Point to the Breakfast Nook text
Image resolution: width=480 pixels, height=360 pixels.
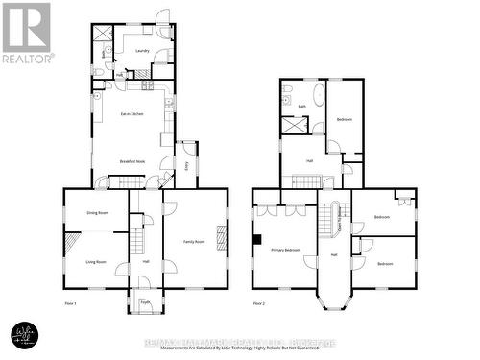(132, 161)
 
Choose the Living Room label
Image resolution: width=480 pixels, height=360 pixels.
(96, 261)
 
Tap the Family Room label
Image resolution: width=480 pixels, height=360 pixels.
(195, 241)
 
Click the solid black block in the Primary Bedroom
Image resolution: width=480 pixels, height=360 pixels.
(256, 239)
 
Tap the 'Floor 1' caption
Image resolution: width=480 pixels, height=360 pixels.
(71, 302)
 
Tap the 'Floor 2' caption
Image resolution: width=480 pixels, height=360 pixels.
(259, 302)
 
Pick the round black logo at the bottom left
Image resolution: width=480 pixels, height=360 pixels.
(23, 335)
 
